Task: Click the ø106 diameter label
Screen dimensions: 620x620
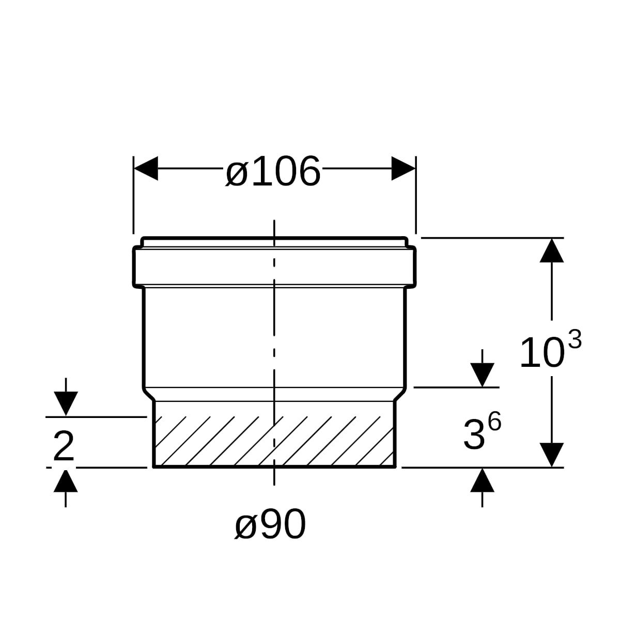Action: click(273, 171)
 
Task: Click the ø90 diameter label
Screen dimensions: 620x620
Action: click(270, 524)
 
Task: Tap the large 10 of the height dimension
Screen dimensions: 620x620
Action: click(542, 352)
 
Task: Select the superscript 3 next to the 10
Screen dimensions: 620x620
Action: click(575, 339)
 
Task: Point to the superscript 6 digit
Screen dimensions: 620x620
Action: click(494, 422)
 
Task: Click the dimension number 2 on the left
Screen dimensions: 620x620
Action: click(64, 446)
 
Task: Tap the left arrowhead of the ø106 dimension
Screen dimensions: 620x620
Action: click(146, 168)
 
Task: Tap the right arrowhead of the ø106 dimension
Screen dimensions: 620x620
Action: click(404, 168)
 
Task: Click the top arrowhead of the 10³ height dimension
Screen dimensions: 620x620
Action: click(552, 250)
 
